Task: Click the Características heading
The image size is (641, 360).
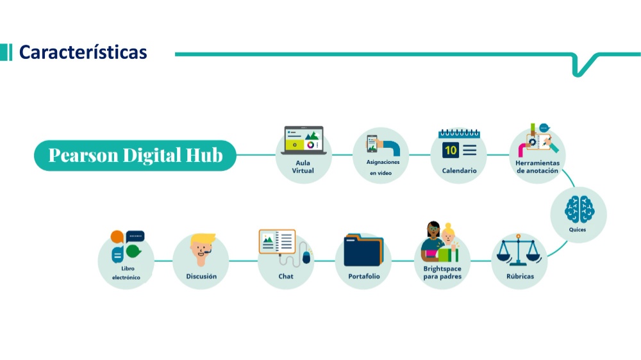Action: click(83, 53)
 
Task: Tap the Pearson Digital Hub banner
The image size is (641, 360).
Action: click(135, 155)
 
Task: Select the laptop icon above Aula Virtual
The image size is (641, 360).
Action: click(304, 140)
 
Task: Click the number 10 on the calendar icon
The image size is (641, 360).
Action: click(451, 150)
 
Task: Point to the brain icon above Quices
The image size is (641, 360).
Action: click(579, 209)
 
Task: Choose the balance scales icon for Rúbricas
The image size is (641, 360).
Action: click(519, 250)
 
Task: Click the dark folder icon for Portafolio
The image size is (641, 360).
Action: click(363, 250)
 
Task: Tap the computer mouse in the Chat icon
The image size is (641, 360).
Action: click(306, 258)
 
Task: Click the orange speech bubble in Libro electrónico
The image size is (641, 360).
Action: click(117, 236)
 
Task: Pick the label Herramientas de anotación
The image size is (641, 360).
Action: click(537, 167)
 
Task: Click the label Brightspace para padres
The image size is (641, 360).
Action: click(442, 272)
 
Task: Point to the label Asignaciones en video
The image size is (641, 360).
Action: click(382, 168)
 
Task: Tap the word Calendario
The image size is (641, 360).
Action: click(459, 171)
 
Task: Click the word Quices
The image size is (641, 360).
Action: click(578, 230)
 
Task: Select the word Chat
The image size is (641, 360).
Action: click(286, 276)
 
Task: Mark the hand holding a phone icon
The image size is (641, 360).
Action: click(383, 145)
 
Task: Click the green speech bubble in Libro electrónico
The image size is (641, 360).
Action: click(133, 251)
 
